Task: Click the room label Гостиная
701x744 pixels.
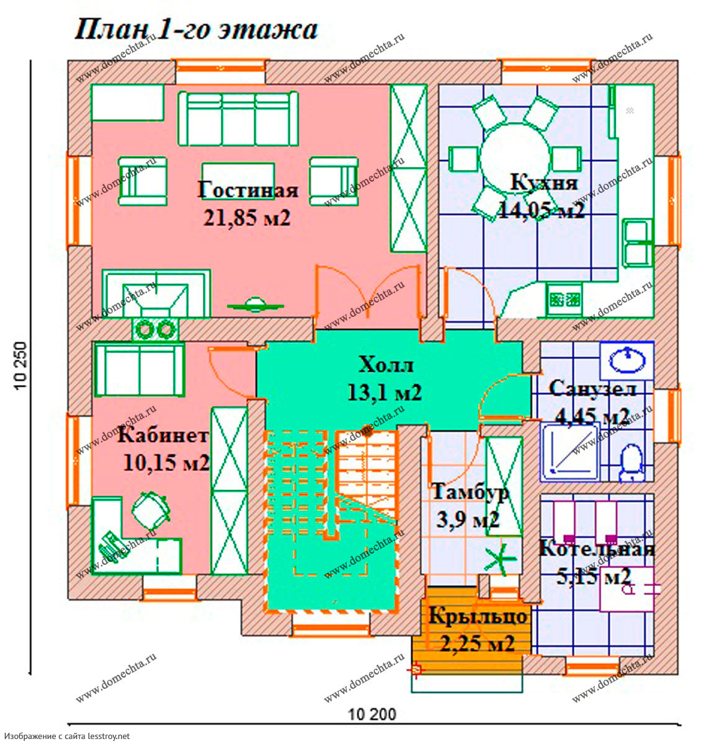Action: pos(248,190)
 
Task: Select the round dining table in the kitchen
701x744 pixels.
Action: pos(515,158)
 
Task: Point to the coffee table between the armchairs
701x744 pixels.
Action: pos(238,176)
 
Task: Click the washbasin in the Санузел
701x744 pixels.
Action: pos(627,361)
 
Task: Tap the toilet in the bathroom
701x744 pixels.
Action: pos(632,463)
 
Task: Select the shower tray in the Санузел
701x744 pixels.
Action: pos(569,453)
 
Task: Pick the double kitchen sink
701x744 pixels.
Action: pos(638,243)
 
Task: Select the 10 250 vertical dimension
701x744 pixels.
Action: pos(21,365)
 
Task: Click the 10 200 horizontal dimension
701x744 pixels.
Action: pos(372,714)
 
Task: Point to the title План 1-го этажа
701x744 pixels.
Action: pos(196,30)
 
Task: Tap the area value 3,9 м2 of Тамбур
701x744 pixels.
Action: pos(468,520)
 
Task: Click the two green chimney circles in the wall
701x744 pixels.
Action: pos(155,329)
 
